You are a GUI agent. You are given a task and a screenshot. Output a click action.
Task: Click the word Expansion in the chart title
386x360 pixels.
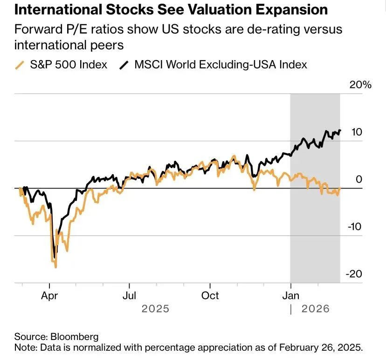(x=280, y=10)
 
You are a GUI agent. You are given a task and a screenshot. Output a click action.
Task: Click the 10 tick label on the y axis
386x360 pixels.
(x=357, y=132)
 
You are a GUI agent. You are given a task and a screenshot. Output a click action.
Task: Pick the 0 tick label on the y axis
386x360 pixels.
(x=359, y=179)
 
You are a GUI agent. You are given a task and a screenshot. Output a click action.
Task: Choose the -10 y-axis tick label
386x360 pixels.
(x=355, y=227)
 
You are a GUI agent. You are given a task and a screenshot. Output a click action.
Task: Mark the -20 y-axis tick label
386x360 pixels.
(x=355, y=274)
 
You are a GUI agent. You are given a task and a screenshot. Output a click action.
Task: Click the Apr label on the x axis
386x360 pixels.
(x=49, y=295)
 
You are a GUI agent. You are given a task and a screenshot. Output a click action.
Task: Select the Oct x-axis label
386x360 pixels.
(x=210, y=295)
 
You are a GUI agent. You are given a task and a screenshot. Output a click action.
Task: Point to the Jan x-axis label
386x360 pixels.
(x=291, y=295)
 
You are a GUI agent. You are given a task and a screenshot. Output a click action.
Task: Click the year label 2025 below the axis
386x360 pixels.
(x=156, y=308)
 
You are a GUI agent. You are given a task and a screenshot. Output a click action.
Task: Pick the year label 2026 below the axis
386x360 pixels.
(x=316, y=308)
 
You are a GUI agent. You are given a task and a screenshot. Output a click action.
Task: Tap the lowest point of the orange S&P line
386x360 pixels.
(x=56, y=267)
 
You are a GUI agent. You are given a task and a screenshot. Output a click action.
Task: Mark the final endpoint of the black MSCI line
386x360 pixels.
(x=340, y=131)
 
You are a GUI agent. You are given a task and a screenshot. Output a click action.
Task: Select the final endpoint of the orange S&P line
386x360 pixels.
(x=340, y=188)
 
